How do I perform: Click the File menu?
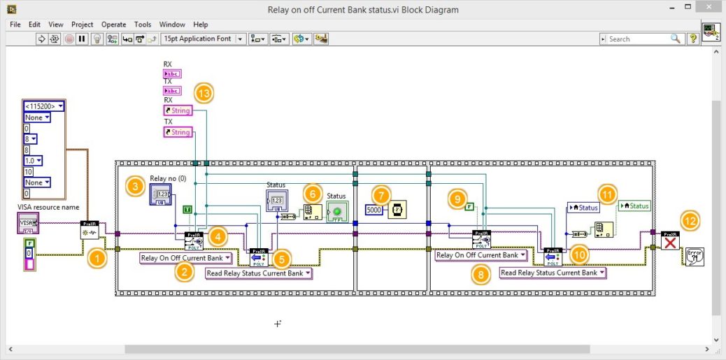pyautogui.click(x=15, y=24)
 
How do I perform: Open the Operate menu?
pyautogui.click(x=113, y=24)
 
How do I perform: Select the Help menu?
pyautogui.click(x=200, y=24)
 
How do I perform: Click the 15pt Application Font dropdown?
pyautogui.click(x=203, y=39)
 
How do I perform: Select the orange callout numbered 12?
pyautogui.click(x=690, y=221)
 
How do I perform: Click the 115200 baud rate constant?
pyautogui.click(x=43, y=106)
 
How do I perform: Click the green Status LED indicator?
pyautogui.click(x=337, y=211)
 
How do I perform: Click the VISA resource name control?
pyautogui.click(x=28, y=224)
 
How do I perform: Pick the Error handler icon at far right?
pyautogui.click(x=695, y=256)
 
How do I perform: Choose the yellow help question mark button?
pyautogui.click(x=693, y=39)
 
